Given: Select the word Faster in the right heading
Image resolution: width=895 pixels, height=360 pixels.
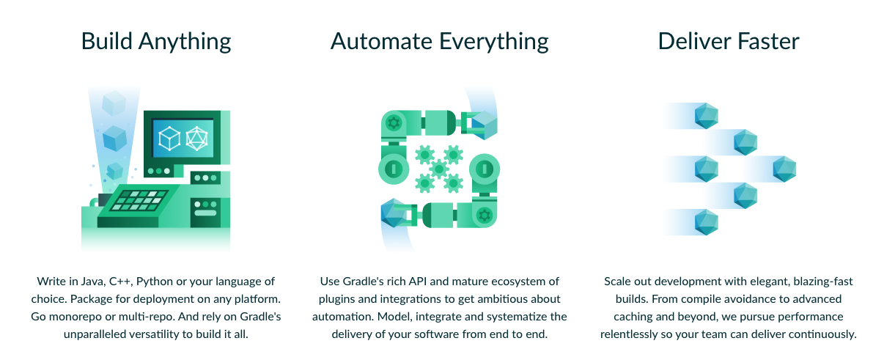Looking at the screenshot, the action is [x=764, y=41].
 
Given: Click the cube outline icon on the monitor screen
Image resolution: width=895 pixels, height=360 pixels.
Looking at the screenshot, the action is [x=170, y=138].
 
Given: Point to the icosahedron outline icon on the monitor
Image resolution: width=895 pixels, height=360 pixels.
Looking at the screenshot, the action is [x=196, y=138].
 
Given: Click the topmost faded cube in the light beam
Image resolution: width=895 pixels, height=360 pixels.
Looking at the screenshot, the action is [x=114, y=103].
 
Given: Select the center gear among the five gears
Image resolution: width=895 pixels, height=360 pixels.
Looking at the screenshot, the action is [x=439, y=169].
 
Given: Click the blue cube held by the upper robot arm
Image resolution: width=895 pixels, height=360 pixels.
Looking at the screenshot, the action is [x=485, y=124].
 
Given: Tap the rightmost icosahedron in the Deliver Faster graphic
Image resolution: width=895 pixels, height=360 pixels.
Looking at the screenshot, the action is [x=784, y=169].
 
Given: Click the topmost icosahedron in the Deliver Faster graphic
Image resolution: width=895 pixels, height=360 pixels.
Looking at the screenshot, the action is [x=706, y=116].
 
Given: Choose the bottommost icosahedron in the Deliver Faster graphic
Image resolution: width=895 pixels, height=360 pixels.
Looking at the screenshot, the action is [x=706, y=222].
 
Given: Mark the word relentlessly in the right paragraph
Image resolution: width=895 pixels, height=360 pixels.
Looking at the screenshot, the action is [x=634, y=334].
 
